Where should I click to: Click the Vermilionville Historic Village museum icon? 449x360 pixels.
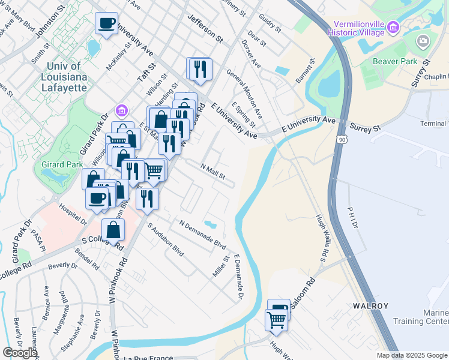[393, 26]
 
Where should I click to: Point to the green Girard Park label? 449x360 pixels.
[57, 163]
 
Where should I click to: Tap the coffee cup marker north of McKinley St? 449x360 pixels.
[106, 23]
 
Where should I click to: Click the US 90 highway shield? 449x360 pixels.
[341, 139]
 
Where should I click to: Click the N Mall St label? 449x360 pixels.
[212, 173]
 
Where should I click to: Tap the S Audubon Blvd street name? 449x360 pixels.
[166, 240]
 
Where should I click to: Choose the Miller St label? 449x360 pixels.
[221, 266]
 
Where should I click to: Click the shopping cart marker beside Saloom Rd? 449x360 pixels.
[276, 320]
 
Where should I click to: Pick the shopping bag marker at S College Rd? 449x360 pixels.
[113, 229]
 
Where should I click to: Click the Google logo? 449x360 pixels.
[20, 353]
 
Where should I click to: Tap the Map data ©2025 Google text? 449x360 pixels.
[411, 355]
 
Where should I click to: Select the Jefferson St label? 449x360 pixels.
[205, 29]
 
